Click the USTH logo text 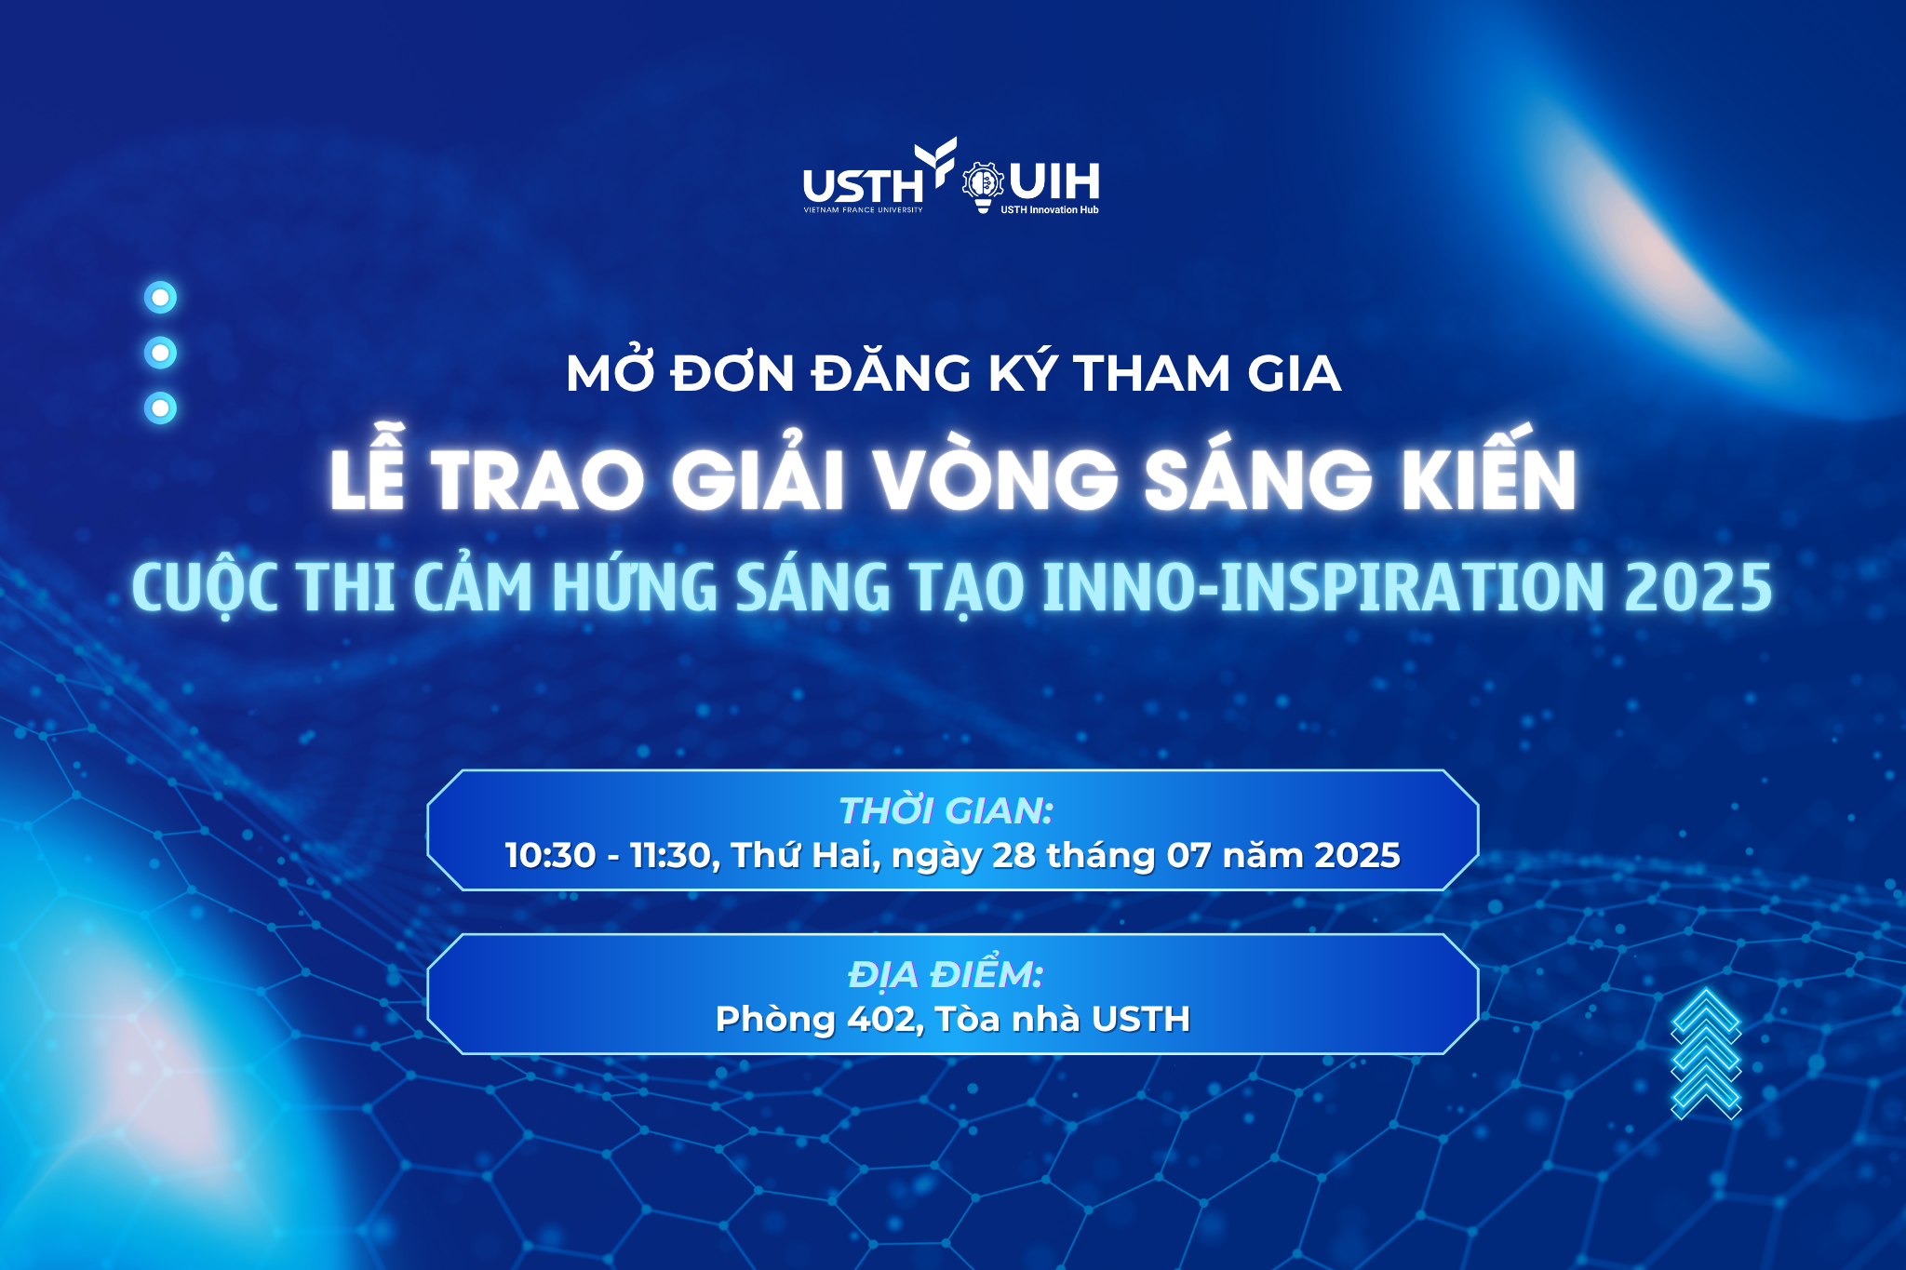863,185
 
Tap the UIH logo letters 1054,181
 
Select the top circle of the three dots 161,298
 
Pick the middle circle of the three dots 161,353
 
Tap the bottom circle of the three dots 161,408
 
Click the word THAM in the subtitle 1152,374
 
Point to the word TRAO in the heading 537,480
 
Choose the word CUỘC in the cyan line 205,589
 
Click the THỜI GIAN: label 946,810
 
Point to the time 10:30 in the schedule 550,855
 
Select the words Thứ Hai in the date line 806,855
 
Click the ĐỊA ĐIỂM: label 946,974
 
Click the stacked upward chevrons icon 1706,1053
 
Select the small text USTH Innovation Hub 1050,210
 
